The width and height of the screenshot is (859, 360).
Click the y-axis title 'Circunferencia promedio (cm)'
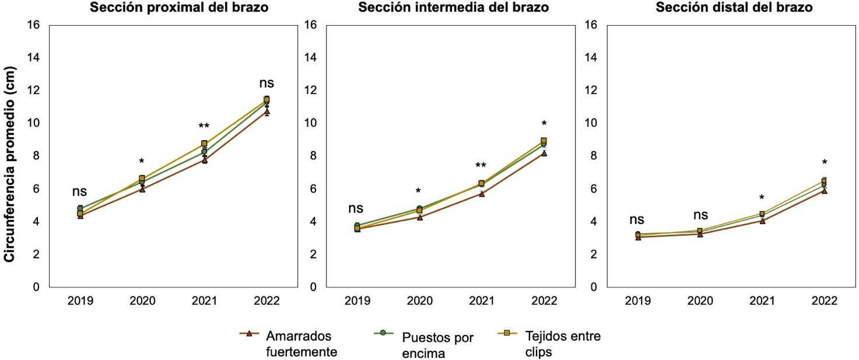click(10, 165)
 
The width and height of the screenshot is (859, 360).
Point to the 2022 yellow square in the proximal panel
click(267, 100)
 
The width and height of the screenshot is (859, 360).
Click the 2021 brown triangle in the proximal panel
click(205, 159)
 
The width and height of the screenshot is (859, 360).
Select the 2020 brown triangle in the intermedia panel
click(419, 218)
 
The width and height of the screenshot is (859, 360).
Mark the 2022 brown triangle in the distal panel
click(824, 191)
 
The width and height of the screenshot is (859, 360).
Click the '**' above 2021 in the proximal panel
click(204, 127)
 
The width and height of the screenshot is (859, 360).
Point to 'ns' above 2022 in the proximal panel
click(267, 83)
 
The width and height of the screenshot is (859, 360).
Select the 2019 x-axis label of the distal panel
click(638, 301)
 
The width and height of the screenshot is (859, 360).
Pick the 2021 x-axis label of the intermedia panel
click(482, 301)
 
